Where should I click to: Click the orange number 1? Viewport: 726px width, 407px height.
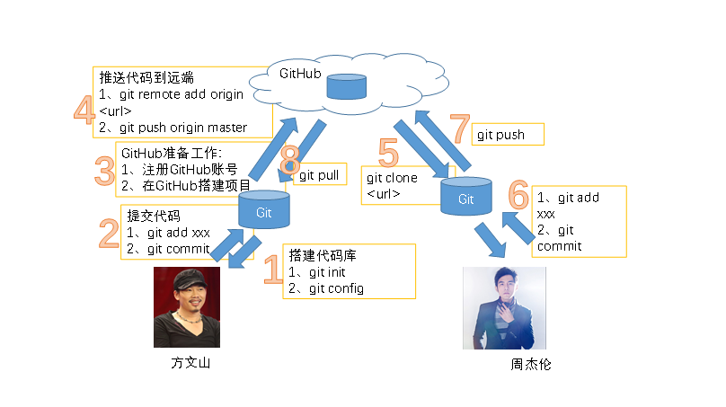(272, 269)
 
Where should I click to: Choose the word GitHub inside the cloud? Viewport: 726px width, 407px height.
(301, 72)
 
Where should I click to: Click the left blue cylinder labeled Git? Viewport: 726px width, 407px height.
(263, 211)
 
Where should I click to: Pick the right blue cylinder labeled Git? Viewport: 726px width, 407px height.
(465, 198)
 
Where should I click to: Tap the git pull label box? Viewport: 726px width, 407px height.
(318, 175)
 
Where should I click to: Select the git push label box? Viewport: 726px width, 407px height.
(509, 135)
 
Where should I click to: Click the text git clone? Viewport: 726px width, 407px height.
(392, 178)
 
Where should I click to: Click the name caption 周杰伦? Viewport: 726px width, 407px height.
(530, 365)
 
